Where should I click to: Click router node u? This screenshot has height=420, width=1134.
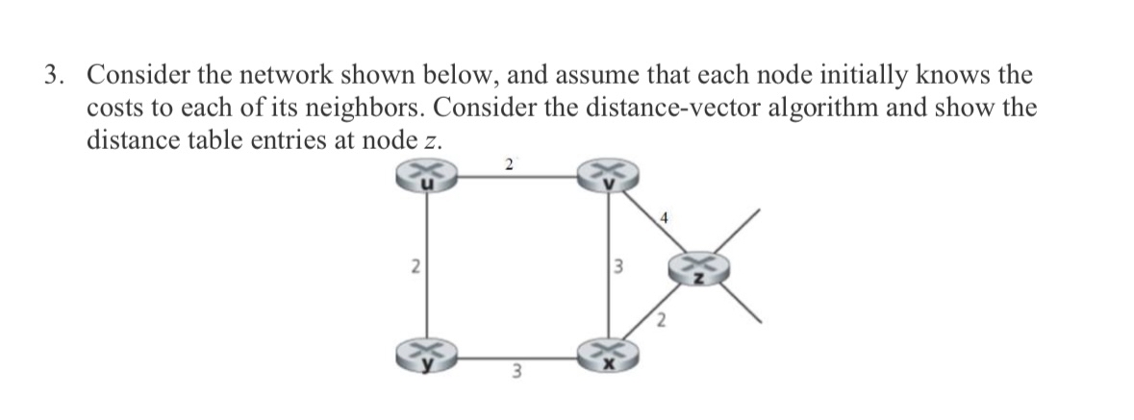pos(426,178)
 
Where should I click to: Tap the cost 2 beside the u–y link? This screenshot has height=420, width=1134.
pos(415,268)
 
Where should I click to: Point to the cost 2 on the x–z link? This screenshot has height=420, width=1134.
pos(662,321)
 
